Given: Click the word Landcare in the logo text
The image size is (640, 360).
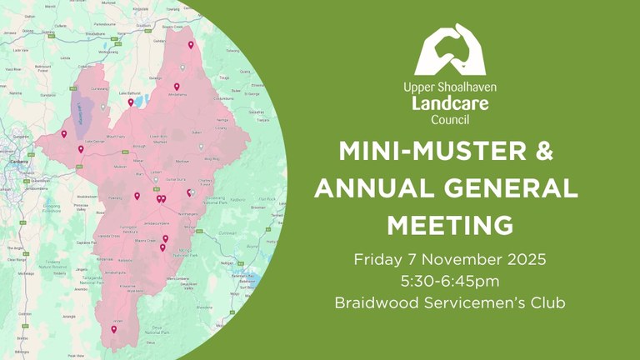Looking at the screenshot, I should tap(450, 103).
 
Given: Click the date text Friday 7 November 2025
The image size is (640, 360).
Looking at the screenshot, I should tap(450, 259).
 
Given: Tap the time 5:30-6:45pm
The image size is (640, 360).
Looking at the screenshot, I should tap(450, 281).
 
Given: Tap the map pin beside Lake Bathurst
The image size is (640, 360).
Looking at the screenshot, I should tap(131, 103).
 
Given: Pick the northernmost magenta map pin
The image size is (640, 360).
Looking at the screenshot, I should tap(191, 45).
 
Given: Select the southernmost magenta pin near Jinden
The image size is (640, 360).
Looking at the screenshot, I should tap(114, 330).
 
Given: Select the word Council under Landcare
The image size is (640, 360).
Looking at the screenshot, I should tap(450, 120).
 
